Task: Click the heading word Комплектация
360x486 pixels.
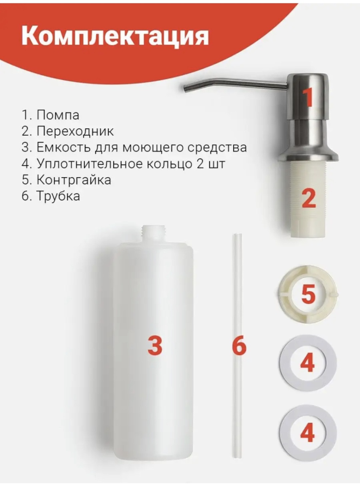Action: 115,38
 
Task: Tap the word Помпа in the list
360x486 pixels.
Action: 58,115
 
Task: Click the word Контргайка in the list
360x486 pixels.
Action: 74,180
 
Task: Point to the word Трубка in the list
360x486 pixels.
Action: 58,196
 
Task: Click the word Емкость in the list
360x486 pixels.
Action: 64,148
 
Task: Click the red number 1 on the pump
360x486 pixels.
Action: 309,98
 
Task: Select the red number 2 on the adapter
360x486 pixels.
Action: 309,199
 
